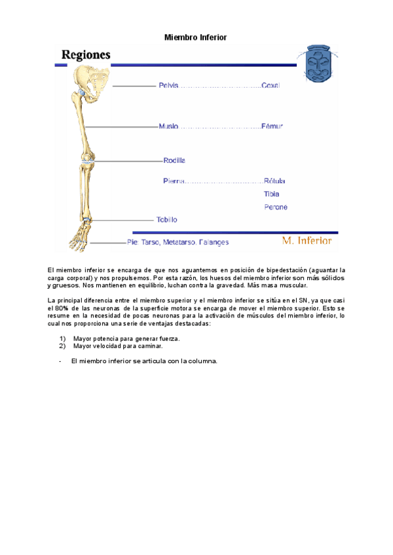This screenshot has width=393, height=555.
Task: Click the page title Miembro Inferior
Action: (195, 38)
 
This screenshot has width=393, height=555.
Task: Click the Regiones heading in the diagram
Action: (86, 55)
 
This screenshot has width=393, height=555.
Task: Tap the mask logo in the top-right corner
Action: (320, 62)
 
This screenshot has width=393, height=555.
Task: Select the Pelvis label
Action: (168, 86)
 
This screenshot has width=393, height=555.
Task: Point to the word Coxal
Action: (271, 86)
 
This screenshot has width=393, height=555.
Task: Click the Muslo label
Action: (168, 126)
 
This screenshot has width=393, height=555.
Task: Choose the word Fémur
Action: (272, 126)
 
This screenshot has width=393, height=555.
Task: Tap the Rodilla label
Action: (174, 160)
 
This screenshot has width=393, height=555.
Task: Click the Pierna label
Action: (174, 181)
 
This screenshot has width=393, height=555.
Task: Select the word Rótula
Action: (274, 181)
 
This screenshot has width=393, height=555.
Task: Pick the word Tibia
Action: (271, 194)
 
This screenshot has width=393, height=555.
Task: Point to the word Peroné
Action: (275, 207)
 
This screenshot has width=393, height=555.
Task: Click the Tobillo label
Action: (166, 220)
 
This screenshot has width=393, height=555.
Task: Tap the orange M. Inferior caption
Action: (307, 241)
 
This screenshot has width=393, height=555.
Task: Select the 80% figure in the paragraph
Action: (63, 308)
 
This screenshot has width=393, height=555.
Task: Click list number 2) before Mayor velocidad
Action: (62, 346)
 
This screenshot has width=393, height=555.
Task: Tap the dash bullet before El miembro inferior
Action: (60, 361)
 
